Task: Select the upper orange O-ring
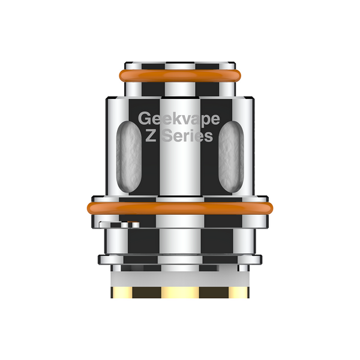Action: [179, 76]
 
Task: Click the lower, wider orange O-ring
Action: [179, 208]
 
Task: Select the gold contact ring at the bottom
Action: [179, 293]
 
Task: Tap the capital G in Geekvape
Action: [145, 118]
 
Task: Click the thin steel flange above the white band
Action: [179, 260]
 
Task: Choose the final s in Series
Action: [208, 137]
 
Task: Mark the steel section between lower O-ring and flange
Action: [179, 237]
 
